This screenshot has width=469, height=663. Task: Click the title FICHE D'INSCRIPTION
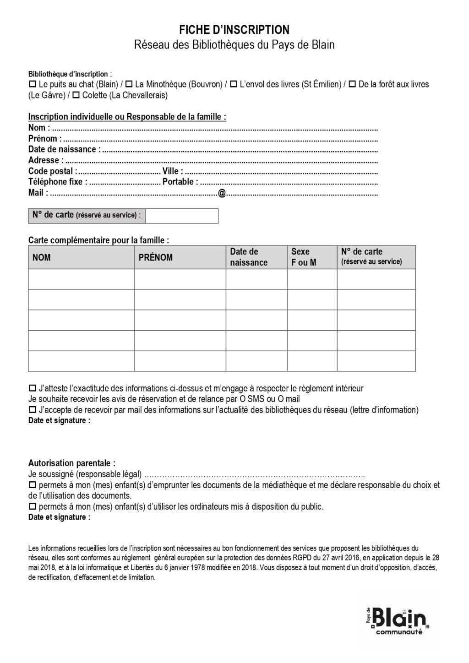point(234,30)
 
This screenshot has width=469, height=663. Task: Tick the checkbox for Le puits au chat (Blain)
point(32,84)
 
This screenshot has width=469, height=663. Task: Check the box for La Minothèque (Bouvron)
point(129,84)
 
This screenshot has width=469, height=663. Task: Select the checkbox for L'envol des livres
point(234,84)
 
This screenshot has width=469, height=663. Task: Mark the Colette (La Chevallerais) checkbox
point(76,95)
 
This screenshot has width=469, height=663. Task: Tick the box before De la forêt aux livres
point(352,84)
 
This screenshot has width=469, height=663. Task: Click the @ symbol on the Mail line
point(222,193)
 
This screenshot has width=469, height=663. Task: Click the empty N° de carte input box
point(182,216)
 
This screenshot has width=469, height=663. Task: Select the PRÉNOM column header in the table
point(156,257)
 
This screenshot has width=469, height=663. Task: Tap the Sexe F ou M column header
point(304,257)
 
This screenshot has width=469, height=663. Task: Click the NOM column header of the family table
point(42,257)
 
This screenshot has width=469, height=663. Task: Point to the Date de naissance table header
point(249,257)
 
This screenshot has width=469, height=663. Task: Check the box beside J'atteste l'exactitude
point(32,389)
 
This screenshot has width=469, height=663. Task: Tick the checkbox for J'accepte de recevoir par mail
point(32,410)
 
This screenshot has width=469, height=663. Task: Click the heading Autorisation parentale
point(72,463)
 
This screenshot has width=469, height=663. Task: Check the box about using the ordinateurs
point(32,507)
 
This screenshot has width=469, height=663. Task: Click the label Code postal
point(51,171)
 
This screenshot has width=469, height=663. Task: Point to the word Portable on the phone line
point(178,182)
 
